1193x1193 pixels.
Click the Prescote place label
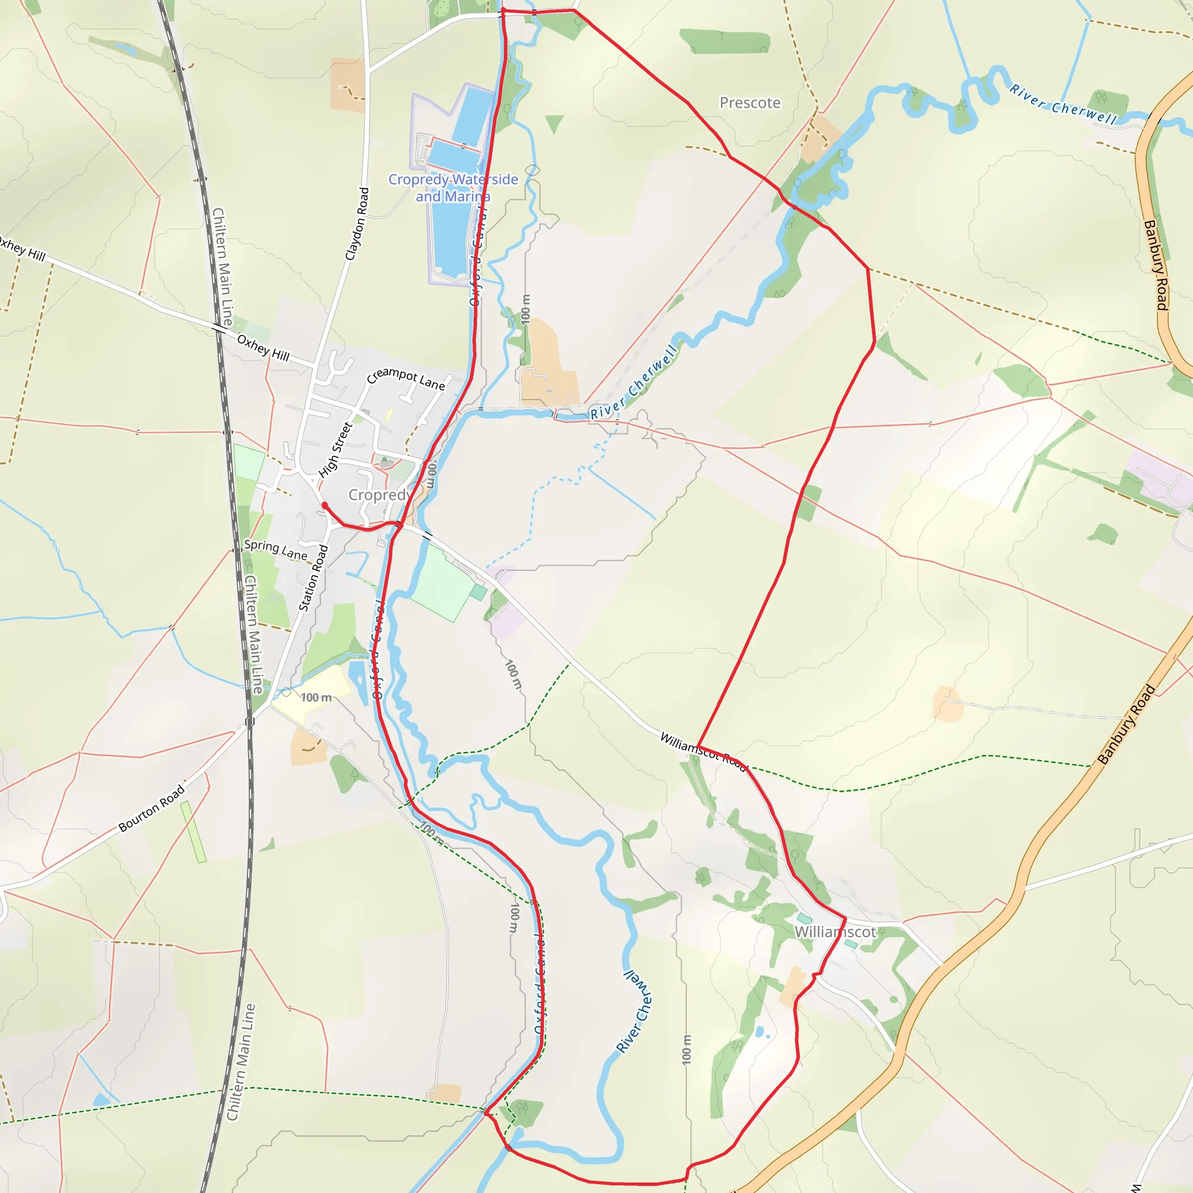(x=750, y=103)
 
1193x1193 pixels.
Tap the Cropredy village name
(x=379, y=495)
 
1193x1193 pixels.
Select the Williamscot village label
(x=835, y=932)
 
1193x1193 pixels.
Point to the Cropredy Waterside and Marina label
(x=453, y=188)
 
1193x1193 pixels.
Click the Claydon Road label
(x=357, y=224)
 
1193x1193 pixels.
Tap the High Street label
(x=336, y=450)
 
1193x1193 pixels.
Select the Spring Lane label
(x=276, y=549)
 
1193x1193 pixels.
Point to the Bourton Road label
(x=151, y=809)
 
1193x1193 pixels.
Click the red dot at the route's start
(x=325, y=505)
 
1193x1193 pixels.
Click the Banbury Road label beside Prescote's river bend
(x=1155, y=265)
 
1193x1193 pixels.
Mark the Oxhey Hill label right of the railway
(x=263, y=348)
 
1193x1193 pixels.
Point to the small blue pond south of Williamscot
(x=759, y=1032)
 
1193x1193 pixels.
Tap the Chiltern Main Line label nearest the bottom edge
(x=239, y=1061)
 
